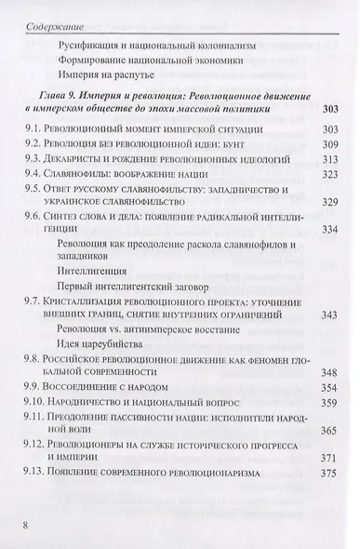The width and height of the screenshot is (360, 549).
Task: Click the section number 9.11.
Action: pos(40,451)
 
